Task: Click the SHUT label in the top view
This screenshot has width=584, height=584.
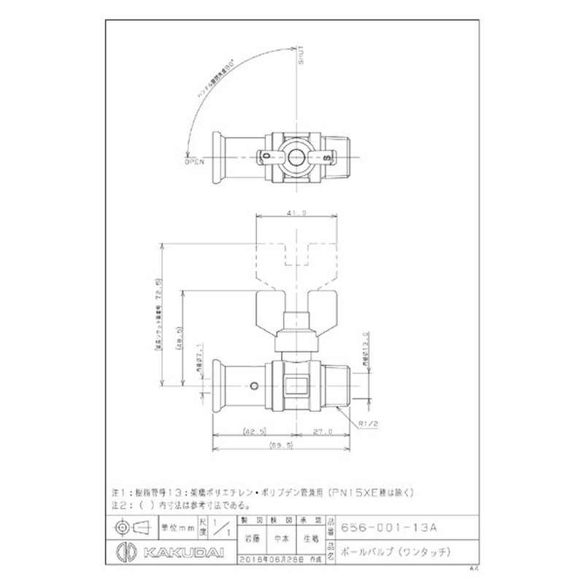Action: pyautogui.click(x=299, y=58)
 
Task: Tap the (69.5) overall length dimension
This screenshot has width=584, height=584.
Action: pyautogui.click(x=280, y=445)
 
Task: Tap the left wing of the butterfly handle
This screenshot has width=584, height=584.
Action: pyautogui.click(x=270, y=311)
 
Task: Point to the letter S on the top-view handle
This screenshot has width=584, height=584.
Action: pyautogui.click(x=326, y=156)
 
